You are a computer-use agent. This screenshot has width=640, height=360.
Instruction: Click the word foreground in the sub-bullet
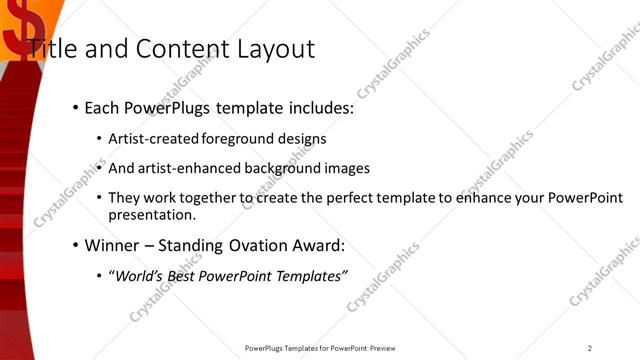241,139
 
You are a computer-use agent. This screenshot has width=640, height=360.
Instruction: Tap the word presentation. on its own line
152,215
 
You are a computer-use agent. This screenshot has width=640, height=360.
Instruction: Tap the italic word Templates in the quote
310,275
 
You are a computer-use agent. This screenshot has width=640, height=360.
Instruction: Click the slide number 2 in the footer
589,348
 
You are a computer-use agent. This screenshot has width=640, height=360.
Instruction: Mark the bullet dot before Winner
75,246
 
